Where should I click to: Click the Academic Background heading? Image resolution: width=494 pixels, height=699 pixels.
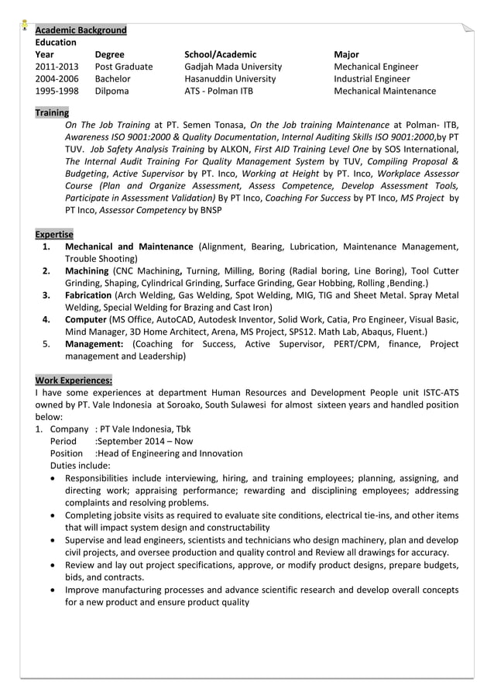(81, 30)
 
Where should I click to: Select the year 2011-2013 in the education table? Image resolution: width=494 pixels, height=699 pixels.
(57, 67)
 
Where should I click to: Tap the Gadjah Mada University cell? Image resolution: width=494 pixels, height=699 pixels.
(233, 67)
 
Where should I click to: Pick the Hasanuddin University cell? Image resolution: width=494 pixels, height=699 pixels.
(230, 79)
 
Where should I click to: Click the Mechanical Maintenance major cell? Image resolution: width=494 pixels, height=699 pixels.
(384, 91)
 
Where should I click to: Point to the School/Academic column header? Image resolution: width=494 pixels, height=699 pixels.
(220, 54)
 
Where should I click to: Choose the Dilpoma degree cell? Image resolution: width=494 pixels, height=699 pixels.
(112, 91)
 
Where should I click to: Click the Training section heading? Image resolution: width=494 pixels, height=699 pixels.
(52, 112)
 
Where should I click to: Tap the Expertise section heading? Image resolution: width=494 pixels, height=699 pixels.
(54, 234)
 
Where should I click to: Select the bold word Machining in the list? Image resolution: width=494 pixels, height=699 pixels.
(87, 271)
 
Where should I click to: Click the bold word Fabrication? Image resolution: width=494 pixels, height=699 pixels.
(88, 295)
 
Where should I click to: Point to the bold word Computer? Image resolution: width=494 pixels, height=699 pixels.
(86, 319)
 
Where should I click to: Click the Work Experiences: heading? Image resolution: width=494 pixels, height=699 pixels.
(74, 380)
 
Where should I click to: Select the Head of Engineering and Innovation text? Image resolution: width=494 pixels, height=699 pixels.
(169, 453)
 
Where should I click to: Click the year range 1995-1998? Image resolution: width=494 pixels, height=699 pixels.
(57, 91)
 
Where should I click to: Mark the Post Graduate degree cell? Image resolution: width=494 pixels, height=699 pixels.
(124, 67)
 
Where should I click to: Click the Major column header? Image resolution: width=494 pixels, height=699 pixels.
(346, 54)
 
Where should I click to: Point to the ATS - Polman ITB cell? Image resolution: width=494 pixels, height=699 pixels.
(218, 91)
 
